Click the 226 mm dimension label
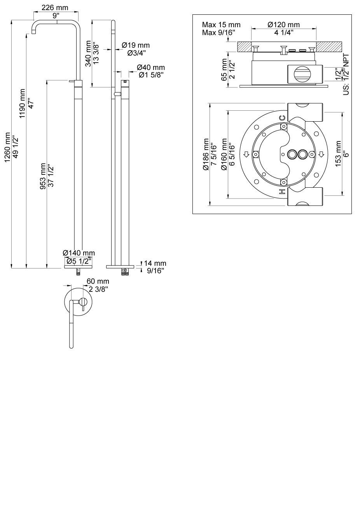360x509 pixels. click(55, 8)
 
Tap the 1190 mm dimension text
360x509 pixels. click(22, 104)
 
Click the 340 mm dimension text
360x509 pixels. click(89, 53)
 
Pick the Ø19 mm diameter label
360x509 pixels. click(135, 45)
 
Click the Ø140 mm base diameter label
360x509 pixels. click(79, 253)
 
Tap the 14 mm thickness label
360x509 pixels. click(155, 263)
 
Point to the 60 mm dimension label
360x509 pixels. click(98, 281)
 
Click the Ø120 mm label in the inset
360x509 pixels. click(284, 25)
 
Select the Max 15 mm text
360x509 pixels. click(221, 25)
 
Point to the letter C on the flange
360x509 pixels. click(282, 117)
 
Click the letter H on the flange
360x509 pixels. click(282, 192)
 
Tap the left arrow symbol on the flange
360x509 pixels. click(245, 155)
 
